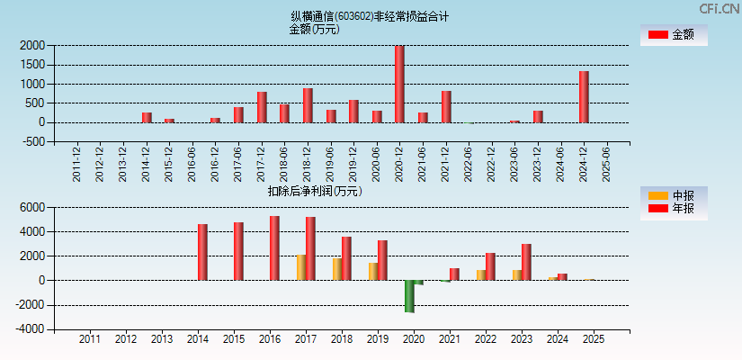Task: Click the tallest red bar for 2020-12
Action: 399,85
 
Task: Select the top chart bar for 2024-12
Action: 584,97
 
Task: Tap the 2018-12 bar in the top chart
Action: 308,105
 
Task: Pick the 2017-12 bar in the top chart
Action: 262,107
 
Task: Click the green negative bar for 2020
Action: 409,296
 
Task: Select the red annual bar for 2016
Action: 274,248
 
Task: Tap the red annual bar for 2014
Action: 202,252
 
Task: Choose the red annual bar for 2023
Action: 526,262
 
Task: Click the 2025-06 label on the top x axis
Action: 606,164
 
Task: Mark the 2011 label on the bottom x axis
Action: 90,339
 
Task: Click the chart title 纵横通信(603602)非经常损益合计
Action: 370,16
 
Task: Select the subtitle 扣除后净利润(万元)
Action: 315,191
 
